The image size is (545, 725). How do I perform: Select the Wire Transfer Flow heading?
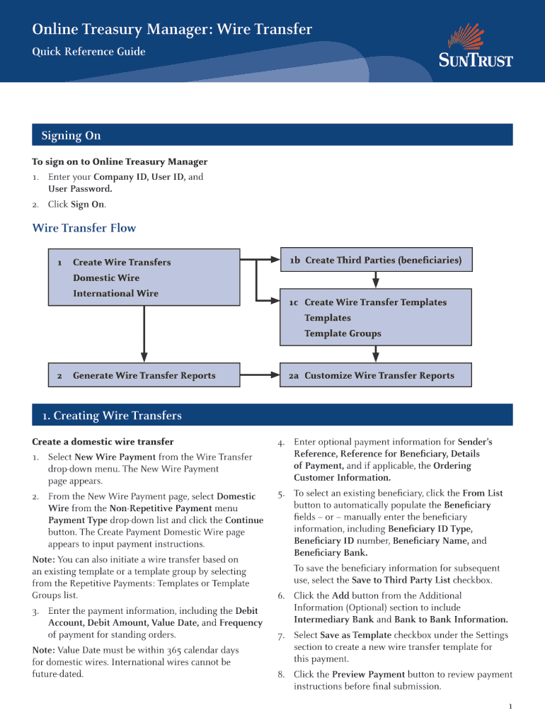(84, 228)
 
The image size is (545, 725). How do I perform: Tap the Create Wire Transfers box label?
(122, 262)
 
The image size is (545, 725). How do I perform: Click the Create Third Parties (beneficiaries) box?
(375, 261)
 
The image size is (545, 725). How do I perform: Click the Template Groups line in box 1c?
(343, 333)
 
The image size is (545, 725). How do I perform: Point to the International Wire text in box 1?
(115, 293)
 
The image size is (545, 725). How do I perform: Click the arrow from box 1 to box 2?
(144, 333)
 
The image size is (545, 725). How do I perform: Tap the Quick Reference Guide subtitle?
(88, 52)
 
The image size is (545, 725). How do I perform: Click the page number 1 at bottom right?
(510, 707)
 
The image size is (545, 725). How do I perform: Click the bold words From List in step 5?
(482, 493)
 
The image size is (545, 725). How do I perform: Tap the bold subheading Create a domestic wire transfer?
(103, 441)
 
